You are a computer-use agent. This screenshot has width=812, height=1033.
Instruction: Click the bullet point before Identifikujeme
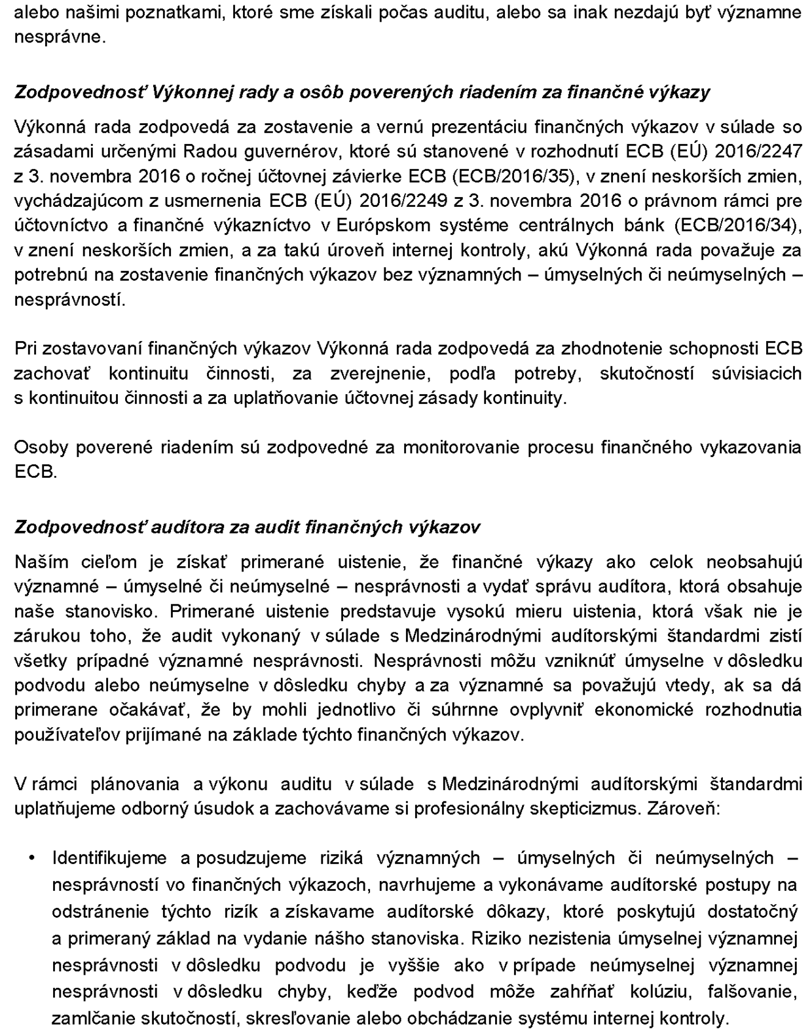click(32, 858)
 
